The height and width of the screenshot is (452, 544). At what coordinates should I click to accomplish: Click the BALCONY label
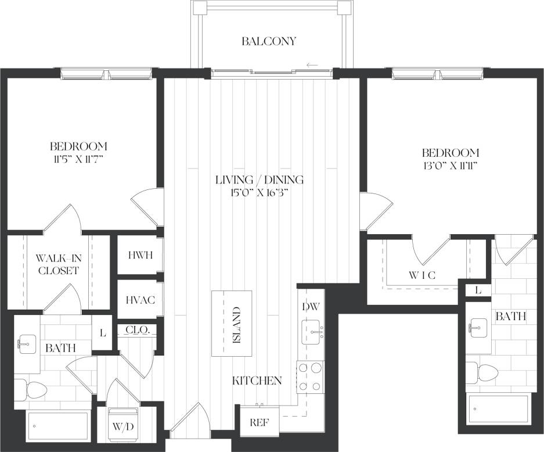click(269, 41)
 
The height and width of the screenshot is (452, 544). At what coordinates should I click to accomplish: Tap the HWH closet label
click(140, 255)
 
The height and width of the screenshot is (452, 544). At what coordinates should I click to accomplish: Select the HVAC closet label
click(140, 299)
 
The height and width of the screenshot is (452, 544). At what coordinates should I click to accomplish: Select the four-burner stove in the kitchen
click(311, 377)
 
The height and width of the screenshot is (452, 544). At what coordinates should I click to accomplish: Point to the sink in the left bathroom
click(26, 344)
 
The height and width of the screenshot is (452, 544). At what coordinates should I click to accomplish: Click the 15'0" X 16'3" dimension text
click(260, 193)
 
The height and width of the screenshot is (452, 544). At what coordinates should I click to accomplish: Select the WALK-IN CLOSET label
click(57, 264)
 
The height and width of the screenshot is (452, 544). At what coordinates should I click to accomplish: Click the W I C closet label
click(421, 275)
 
